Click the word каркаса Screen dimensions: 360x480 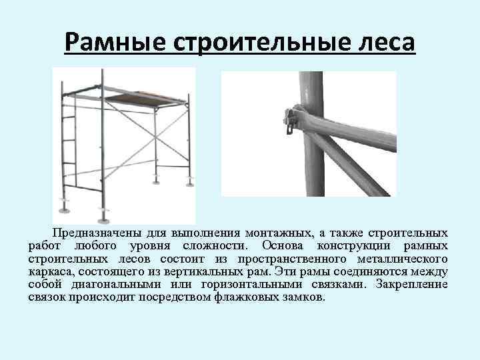tap(52, 271)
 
